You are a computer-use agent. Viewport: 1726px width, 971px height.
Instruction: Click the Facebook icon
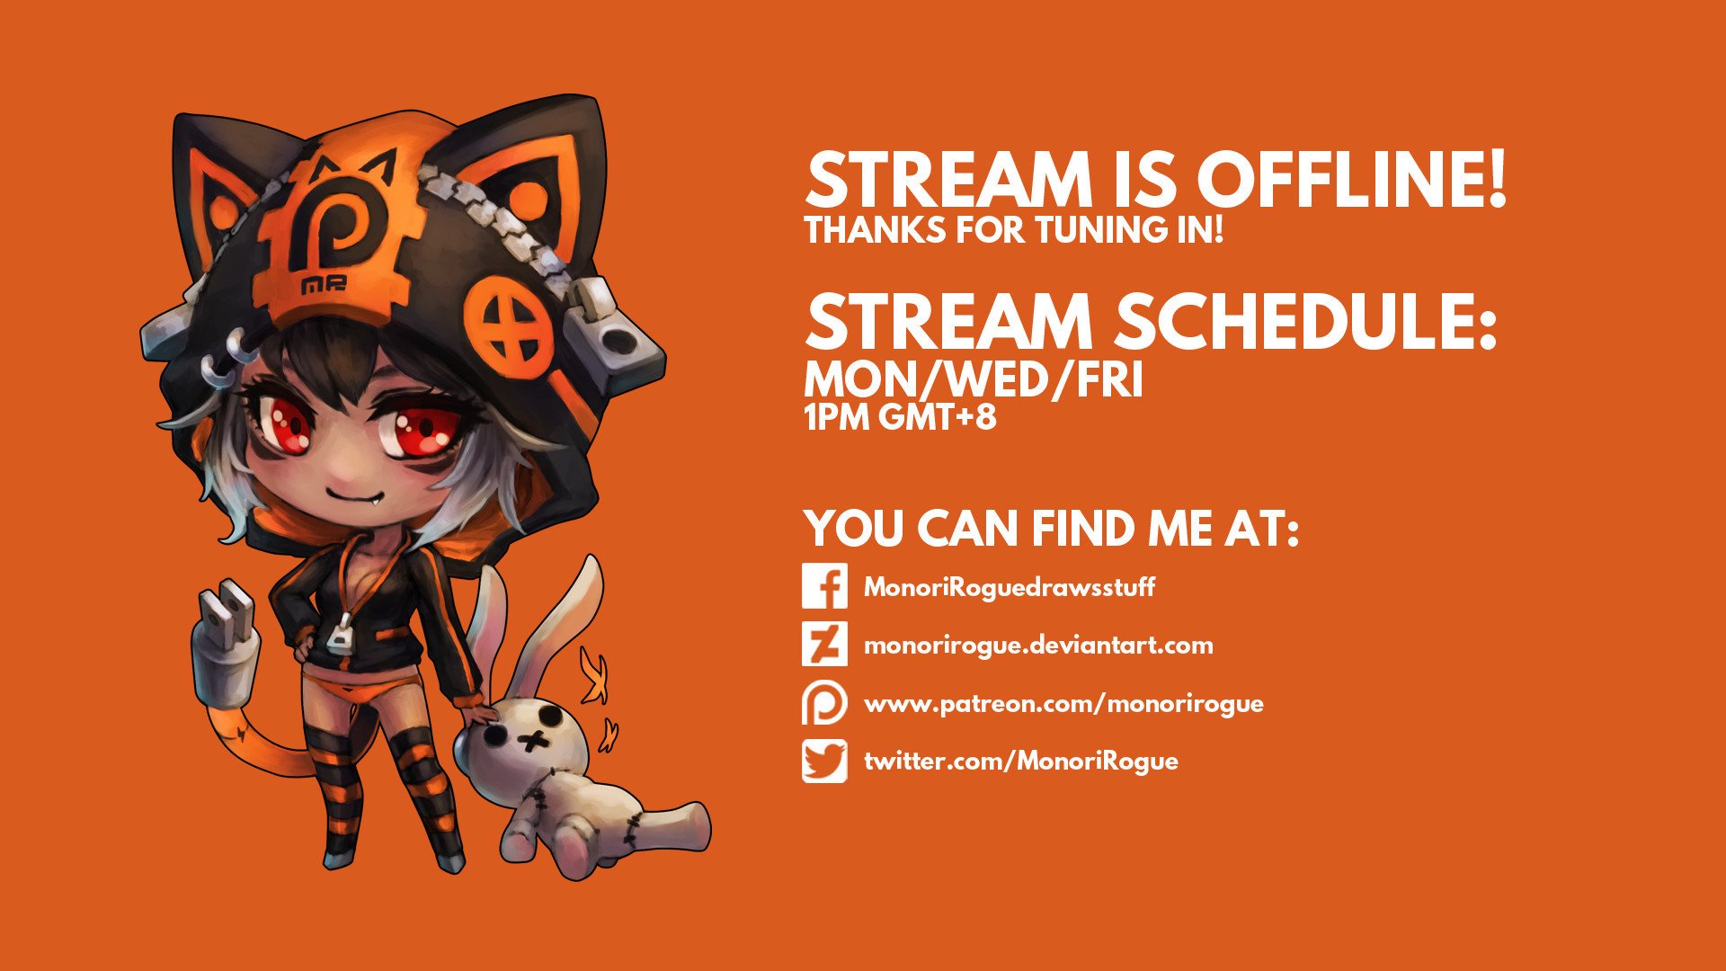point(824,587)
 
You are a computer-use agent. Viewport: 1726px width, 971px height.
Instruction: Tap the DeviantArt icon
point(824,645)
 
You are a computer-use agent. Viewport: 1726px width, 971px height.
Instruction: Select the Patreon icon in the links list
point(824,703)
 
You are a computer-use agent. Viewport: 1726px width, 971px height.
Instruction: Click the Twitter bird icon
point(824,761)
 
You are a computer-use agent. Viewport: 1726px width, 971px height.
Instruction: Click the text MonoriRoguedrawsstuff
point(1010,588)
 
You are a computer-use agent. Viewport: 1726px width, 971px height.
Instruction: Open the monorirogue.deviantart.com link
point(1038,646)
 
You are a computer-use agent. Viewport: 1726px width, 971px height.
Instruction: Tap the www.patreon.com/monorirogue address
point(1063,704)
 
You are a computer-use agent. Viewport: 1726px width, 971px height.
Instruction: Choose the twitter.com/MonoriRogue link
point(1021,762)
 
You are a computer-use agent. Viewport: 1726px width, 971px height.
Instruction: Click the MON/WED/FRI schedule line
point(974,381)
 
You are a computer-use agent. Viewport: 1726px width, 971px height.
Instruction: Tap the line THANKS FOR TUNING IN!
point(1014,230)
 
